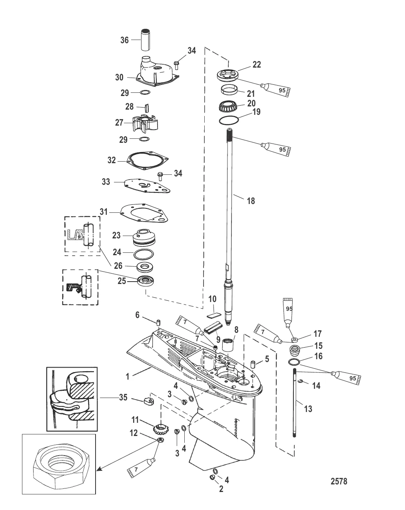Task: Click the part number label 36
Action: coord(125,40)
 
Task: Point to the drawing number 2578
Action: coord(339,481)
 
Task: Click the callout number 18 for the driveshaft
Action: coord(251,200)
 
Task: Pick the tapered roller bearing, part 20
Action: coord(228,107)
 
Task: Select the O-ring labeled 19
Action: coord(229,120)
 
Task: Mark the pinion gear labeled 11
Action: coord(160,429)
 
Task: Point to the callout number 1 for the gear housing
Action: coord(128,376)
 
